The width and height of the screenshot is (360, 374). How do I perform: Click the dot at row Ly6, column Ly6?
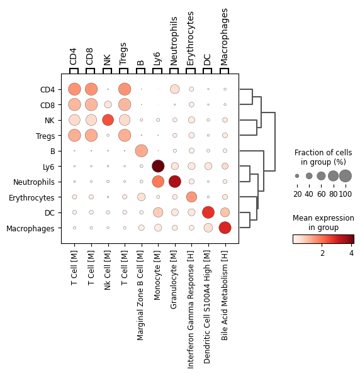click(x=158, y=166)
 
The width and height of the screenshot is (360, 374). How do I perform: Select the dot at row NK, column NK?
click(x=108, y=120)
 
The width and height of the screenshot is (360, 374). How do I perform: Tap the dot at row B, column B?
click(x=142, y=151)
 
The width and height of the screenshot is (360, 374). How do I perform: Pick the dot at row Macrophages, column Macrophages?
click(x=225, y=228)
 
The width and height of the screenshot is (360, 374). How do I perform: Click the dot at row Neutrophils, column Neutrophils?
click(x=174, y=182)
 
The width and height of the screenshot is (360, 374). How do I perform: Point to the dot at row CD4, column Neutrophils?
click(x=174, y=89)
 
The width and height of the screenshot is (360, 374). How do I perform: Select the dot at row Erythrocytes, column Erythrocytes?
click(x=191, y=197)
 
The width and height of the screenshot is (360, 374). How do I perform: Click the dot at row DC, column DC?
click(x=208, y=212)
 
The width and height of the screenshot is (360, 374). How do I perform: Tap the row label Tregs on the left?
click(x=45, y=136)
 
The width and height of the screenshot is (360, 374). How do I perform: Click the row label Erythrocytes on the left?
click(x=31, y=198)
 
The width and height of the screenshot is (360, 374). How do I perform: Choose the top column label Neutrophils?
click(x=174, y=41)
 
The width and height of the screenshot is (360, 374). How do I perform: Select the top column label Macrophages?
click(x=224, y=37)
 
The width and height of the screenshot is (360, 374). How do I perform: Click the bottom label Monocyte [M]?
click(x=157, y=275)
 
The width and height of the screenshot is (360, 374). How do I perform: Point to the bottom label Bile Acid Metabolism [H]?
click(x=225, y=295)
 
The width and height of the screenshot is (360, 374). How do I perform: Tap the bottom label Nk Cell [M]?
click(x=108, y=270)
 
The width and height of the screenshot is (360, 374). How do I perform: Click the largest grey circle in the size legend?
click(x=346, y=176)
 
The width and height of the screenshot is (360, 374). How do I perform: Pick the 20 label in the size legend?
click(x=298, y=194)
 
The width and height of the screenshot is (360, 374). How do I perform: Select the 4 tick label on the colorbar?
click(x=351, y=253)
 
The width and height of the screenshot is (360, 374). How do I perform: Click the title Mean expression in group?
click(x=323, y=223)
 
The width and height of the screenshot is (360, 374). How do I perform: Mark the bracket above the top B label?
click(x=140, y=70)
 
